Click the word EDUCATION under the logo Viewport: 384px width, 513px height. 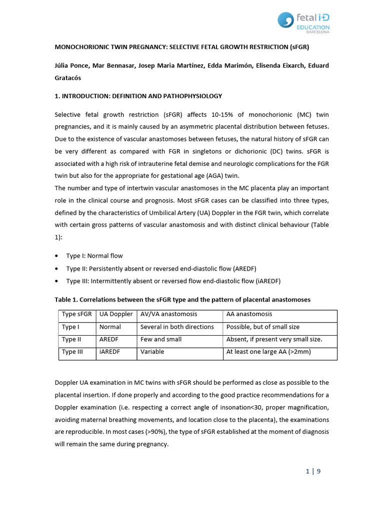coord(313,28)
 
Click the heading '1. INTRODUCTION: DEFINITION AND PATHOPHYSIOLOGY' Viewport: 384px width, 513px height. coord(138,96)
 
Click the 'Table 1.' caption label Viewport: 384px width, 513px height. coord(67,300)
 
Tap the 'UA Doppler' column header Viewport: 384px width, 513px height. coord(116,314)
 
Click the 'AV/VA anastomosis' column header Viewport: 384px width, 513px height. coord(168,314)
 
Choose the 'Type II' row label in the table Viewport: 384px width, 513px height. coord(72,339)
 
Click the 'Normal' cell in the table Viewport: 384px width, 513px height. coord(110,327)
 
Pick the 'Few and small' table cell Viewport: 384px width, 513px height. coord(160,339)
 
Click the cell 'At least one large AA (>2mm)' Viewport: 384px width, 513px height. coord(268,352)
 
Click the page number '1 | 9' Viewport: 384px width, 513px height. coord(312,471)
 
